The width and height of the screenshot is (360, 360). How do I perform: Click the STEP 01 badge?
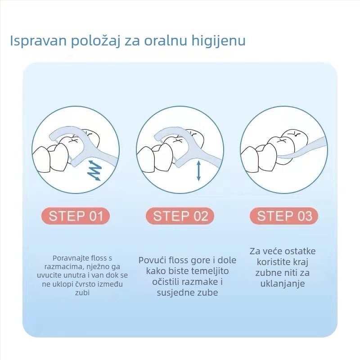(76, 216)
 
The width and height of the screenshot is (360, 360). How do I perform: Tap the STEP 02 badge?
(180, 216)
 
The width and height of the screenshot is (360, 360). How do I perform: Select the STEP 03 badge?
(284, 216)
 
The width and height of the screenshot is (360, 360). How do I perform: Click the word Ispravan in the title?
(38, 41)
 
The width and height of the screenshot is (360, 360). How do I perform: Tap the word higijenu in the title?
(219, 41)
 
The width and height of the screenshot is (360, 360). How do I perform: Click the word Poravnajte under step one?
(69, 258)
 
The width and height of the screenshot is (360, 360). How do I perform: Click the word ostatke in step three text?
(300, 251)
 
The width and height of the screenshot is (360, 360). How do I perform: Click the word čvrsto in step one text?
(86, 284)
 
